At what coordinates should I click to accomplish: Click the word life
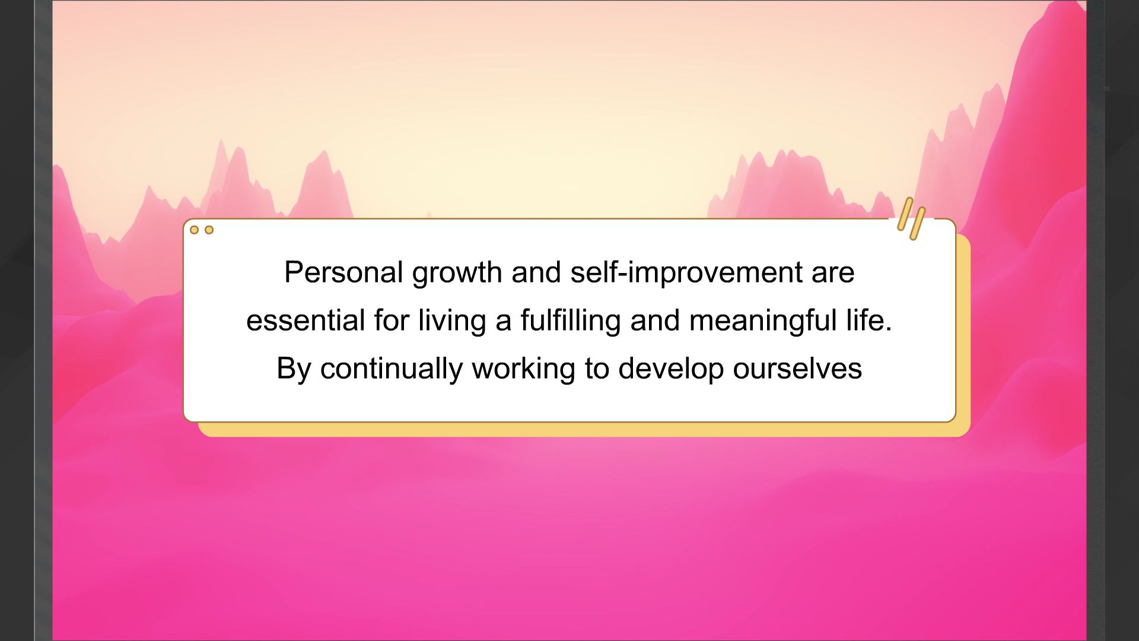[869, 320]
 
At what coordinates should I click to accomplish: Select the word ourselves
[797, 369]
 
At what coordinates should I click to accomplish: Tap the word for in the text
[392, 320]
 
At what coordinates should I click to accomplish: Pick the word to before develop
[597, 369]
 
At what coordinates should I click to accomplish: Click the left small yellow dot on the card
[194, 230]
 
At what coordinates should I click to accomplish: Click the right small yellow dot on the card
[209, 230]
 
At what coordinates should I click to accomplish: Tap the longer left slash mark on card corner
[905, 214]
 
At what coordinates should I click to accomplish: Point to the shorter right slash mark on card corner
[918, 224]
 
